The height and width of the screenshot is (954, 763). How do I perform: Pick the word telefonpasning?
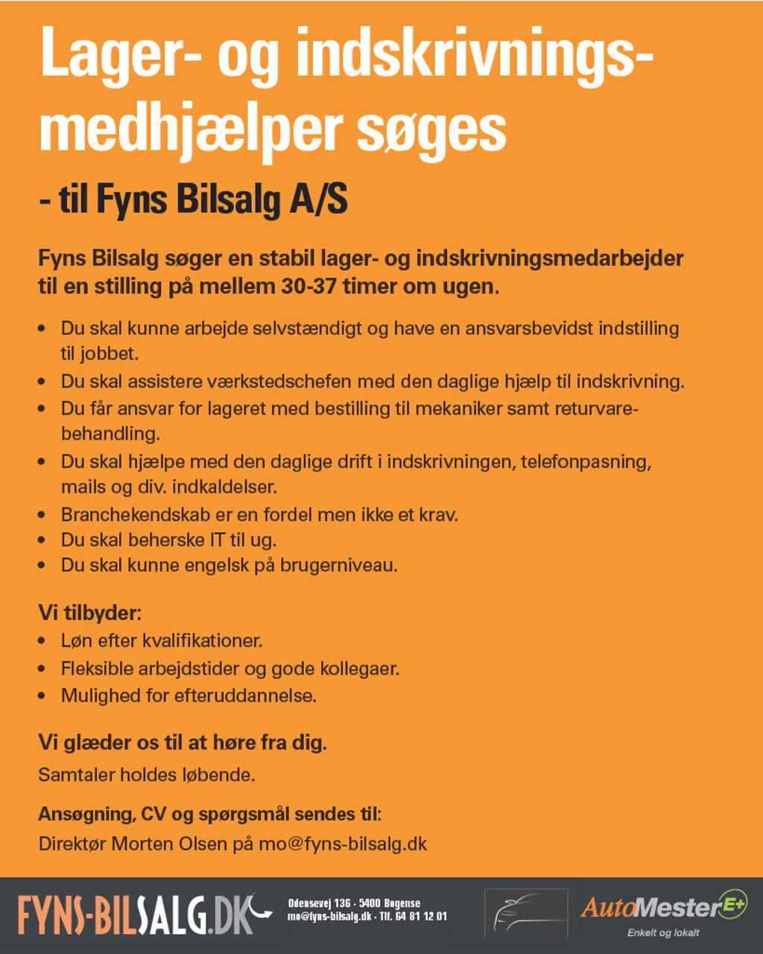[586, 461]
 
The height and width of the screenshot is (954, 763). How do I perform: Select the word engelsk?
[209, 565]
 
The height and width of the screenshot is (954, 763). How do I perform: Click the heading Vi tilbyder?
[90, 613]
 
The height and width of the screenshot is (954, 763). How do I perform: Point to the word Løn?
[77, 640]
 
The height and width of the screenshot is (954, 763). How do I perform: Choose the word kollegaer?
[360, 668]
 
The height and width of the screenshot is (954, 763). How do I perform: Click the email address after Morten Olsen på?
[343, 844]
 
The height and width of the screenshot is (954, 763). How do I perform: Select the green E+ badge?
[733, 903]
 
